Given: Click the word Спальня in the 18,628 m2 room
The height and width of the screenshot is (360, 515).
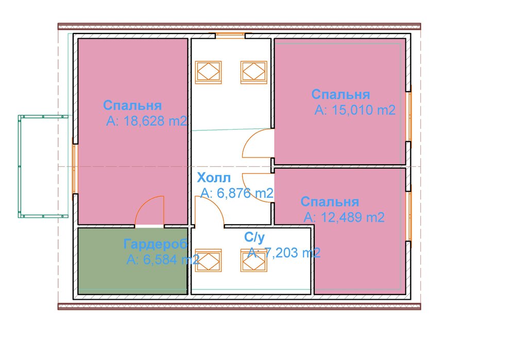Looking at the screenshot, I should (132, 106).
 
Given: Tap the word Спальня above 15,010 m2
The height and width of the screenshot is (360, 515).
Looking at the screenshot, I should (340, 95).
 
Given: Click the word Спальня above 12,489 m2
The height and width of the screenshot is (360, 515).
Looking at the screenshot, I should (330, 201).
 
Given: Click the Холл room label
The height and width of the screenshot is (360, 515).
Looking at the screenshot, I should (215, 178).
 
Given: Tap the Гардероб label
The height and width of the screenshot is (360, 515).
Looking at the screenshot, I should (155, 244).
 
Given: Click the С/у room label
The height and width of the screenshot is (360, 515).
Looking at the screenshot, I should (254, 237).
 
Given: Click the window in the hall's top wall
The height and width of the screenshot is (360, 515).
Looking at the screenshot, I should (230, 36).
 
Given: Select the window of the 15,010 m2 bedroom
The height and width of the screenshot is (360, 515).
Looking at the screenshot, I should (409, 117).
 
